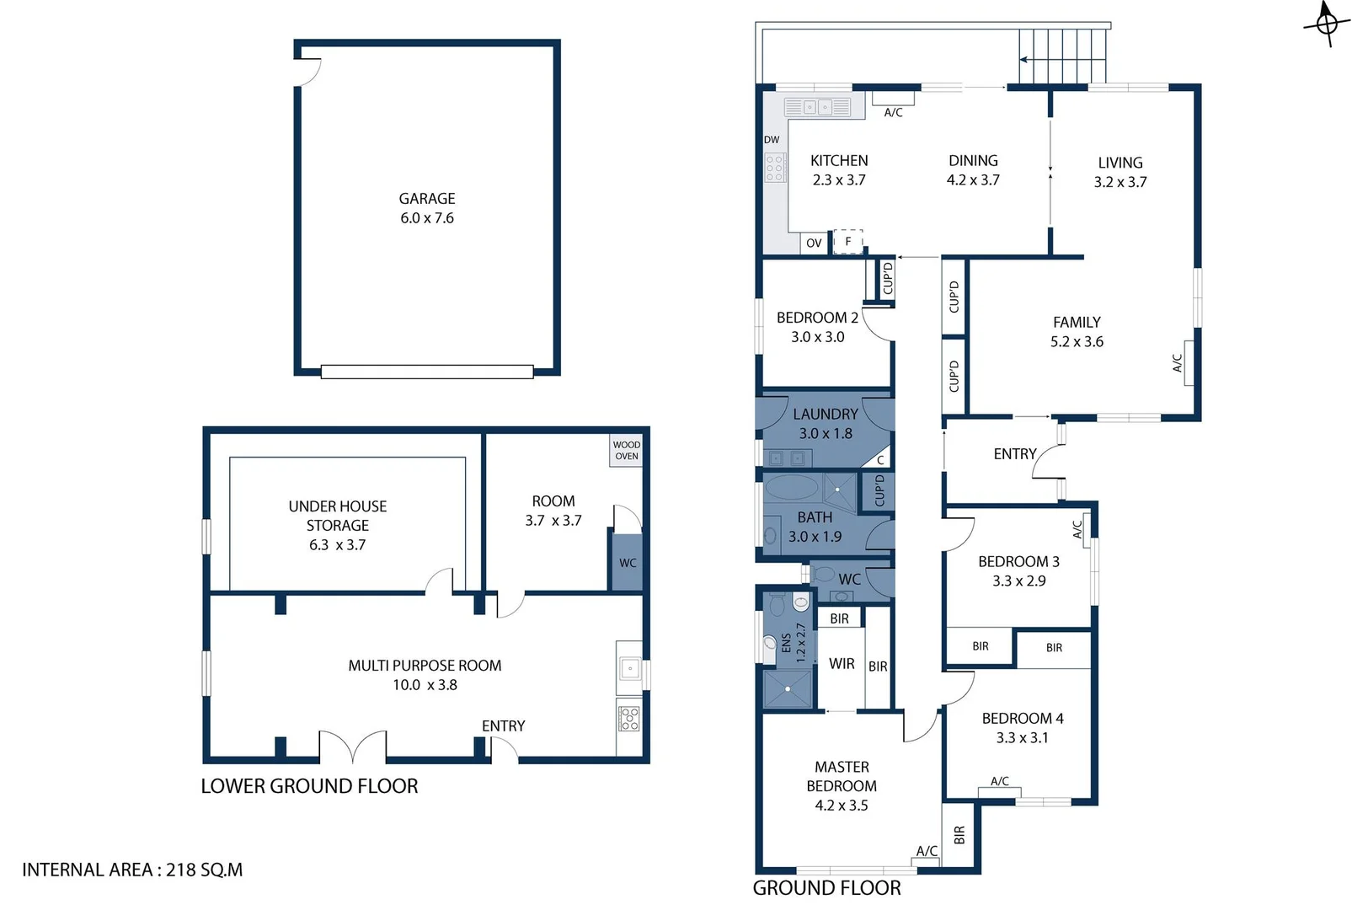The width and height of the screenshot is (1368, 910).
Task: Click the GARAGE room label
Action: (x=426, y=199)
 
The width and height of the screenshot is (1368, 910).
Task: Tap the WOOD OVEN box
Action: (x=626, y=451)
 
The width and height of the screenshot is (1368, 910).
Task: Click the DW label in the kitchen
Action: (x=772, y=140)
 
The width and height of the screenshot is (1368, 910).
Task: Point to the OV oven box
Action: (x=814, y=243)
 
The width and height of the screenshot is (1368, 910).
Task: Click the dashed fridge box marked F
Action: (x=848, y=241)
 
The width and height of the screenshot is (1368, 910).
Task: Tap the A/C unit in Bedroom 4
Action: (x=999, y=791)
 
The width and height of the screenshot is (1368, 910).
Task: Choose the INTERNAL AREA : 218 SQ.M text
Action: (x=132, y=870)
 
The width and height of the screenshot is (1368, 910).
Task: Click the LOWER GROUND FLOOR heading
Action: (x=309, y=786)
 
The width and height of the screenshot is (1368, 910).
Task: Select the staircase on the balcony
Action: (x=1061, y=56)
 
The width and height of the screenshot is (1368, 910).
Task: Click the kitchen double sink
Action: (x=817, y=107)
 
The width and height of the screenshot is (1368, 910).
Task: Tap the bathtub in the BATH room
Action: (x=792, y=488)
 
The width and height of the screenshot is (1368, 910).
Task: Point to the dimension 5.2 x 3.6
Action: (x=1077, y=341)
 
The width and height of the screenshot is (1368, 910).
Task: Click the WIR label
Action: (x=842, y=664)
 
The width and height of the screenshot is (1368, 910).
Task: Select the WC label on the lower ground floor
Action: (x=628, y=563)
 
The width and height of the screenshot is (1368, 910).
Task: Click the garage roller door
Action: (x=427, y=372)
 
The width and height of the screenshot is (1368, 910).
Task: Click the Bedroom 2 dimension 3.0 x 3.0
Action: (x=817, y=337)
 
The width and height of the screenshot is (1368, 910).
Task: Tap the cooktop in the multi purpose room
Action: (x=629, y=719)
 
